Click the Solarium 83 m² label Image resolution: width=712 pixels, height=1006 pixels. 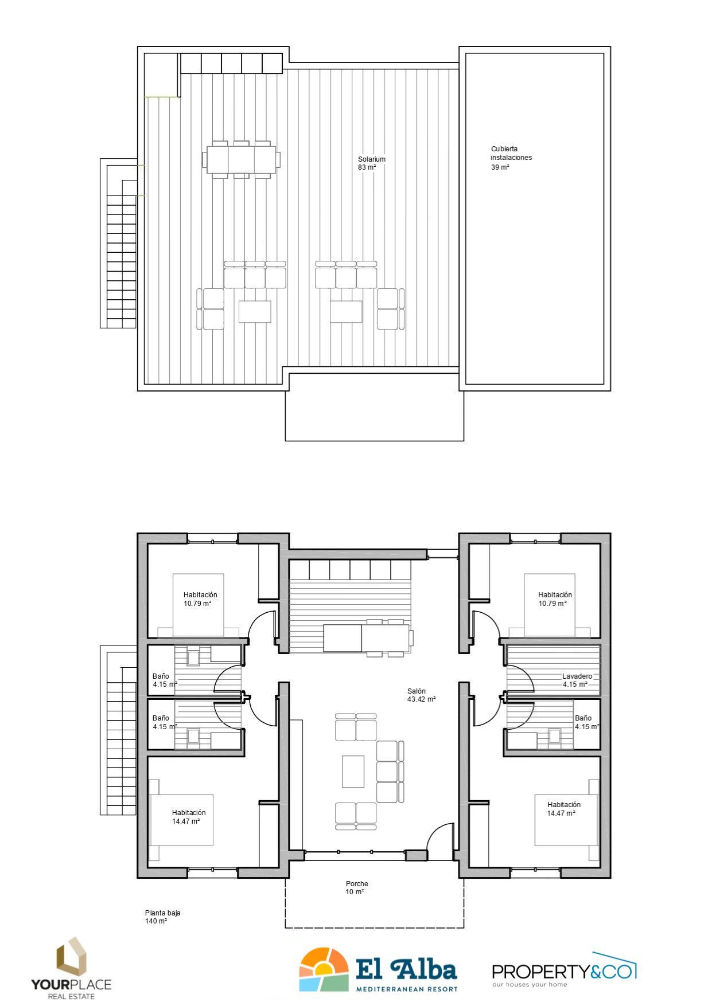tap(371, 163)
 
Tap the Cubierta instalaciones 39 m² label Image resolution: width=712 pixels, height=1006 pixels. tap(511, 158)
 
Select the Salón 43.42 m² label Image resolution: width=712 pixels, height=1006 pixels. tap(421, 695)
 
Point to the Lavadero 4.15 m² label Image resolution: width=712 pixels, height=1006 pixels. tap(577, 680)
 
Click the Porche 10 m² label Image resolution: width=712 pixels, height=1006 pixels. tap(356, 888)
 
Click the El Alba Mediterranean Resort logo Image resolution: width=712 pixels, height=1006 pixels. tap(379, 970)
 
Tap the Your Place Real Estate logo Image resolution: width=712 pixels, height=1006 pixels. tap(71, 969)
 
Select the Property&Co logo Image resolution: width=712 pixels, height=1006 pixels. tap(565, 970)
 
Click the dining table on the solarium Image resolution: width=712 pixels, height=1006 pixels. tap(241, 159)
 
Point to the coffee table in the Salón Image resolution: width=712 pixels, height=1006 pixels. tap(353, 772)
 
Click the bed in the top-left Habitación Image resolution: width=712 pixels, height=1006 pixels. tap(198, 605)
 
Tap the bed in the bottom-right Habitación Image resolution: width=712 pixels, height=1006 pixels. tap(566, 820)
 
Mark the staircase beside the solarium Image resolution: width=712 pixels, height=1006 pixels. tap(119, 243)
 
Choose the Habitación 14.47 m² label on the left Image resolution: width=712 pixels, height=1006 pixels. tap(188, 817)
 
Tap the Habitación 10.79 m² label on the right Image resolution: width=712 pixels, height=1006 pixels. tap(555, 599)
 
